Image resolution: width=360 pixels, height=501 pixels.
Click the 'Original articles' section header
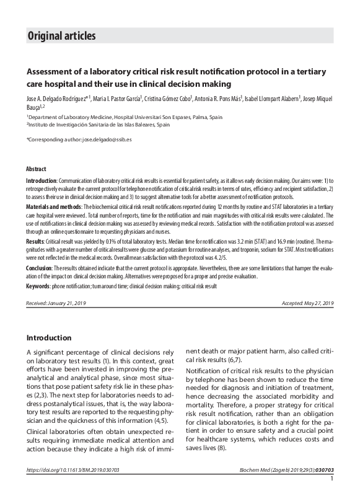[61, 36]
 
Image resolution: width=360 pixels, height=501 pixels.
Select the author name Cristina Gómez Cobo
[168, 99]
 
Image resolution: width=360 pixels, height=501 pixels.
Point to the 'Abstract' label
[36, 169]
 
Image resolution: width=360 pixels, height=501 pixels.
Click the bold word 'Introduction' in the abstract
[41, 179]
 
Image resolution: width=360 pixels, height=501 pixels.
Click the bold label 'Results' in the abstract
[35, 240]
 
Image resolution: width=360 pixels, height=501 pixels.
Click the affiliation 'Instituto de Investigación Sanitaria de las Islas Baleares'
[99, 124]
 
